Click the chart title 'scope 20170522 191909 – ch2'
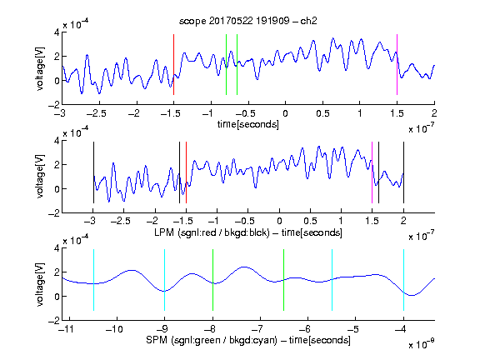(248, 21)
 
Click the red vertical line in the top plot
(173, 65)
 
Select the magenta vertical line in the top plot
(397, 65)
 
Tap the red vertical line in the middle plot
(186, 172)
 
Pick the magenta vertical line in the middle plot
(372, 172)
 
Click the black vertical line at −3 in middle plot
(93, 172)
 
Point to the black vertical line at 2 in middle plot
(403, 172)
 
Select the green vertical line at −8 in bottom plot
(212, 280)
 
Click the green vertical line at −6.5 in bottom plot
(284, 280)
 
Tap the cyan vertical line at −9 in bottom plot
(165, 280)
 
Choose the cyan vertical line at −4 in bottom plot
(403, 280)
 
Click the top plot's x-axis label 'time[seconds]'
(248, 124)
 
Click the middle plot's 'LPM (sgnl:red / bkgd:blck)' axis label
(212, 232)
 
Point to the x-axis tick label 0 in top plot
(285, 113)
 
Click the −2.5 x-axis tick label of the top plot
(96, 113)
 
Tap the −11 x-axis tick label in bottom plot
(67, 329)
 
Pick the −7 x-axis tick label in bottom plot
(258, 329)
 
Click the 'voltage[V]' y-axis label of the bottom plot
(40, 284)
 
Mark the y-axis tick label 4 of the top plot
(57, 32)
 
